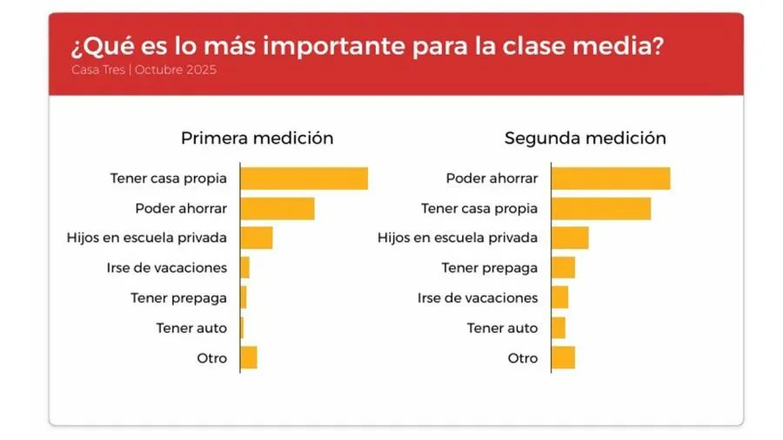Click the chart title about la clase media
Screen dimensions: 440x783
coord(366,45)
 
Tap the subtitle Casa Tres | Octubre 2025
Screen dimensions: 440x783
coord(144,70)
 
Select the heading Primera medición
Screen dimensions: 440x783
coord(257,138)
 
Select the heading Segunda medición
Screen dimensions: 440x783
coord(585,138)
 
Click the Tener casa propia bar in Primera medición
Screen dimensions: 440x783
coord(304,179)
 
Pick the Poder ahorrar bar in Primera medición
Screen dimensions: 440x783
coord(277,208)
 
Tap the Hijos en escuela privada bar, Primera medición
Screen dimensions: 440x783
coord(256,238)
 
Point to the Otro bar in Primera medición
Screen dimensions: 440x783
coord(248,357)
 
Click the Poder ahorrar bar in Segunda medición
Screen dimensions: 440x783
coord(611,179)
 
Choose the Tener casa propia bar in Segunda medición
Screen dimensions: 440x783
coord(601,208)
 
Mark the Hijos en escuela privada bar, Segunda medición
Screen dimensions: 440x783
coord(570,238)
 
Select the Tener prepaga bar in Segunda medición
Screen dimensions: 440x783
coord(563,267)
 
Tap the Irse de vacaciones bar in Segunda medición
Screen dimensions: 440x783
coord(559,297)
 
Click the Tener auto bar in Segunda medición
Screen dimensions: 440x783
coord(558,328)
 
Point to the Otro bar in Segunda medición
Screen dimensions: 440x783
coord(563,357)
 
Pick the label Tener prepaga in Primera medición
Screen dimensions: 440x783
coord(178,297)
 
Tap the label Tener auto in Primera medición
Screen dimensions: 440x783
coord(191,328)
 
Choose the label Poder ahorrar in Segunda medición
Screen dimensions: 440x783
coord(492,179)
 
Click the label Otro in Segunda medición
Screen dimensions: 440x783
coord(523,357)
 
